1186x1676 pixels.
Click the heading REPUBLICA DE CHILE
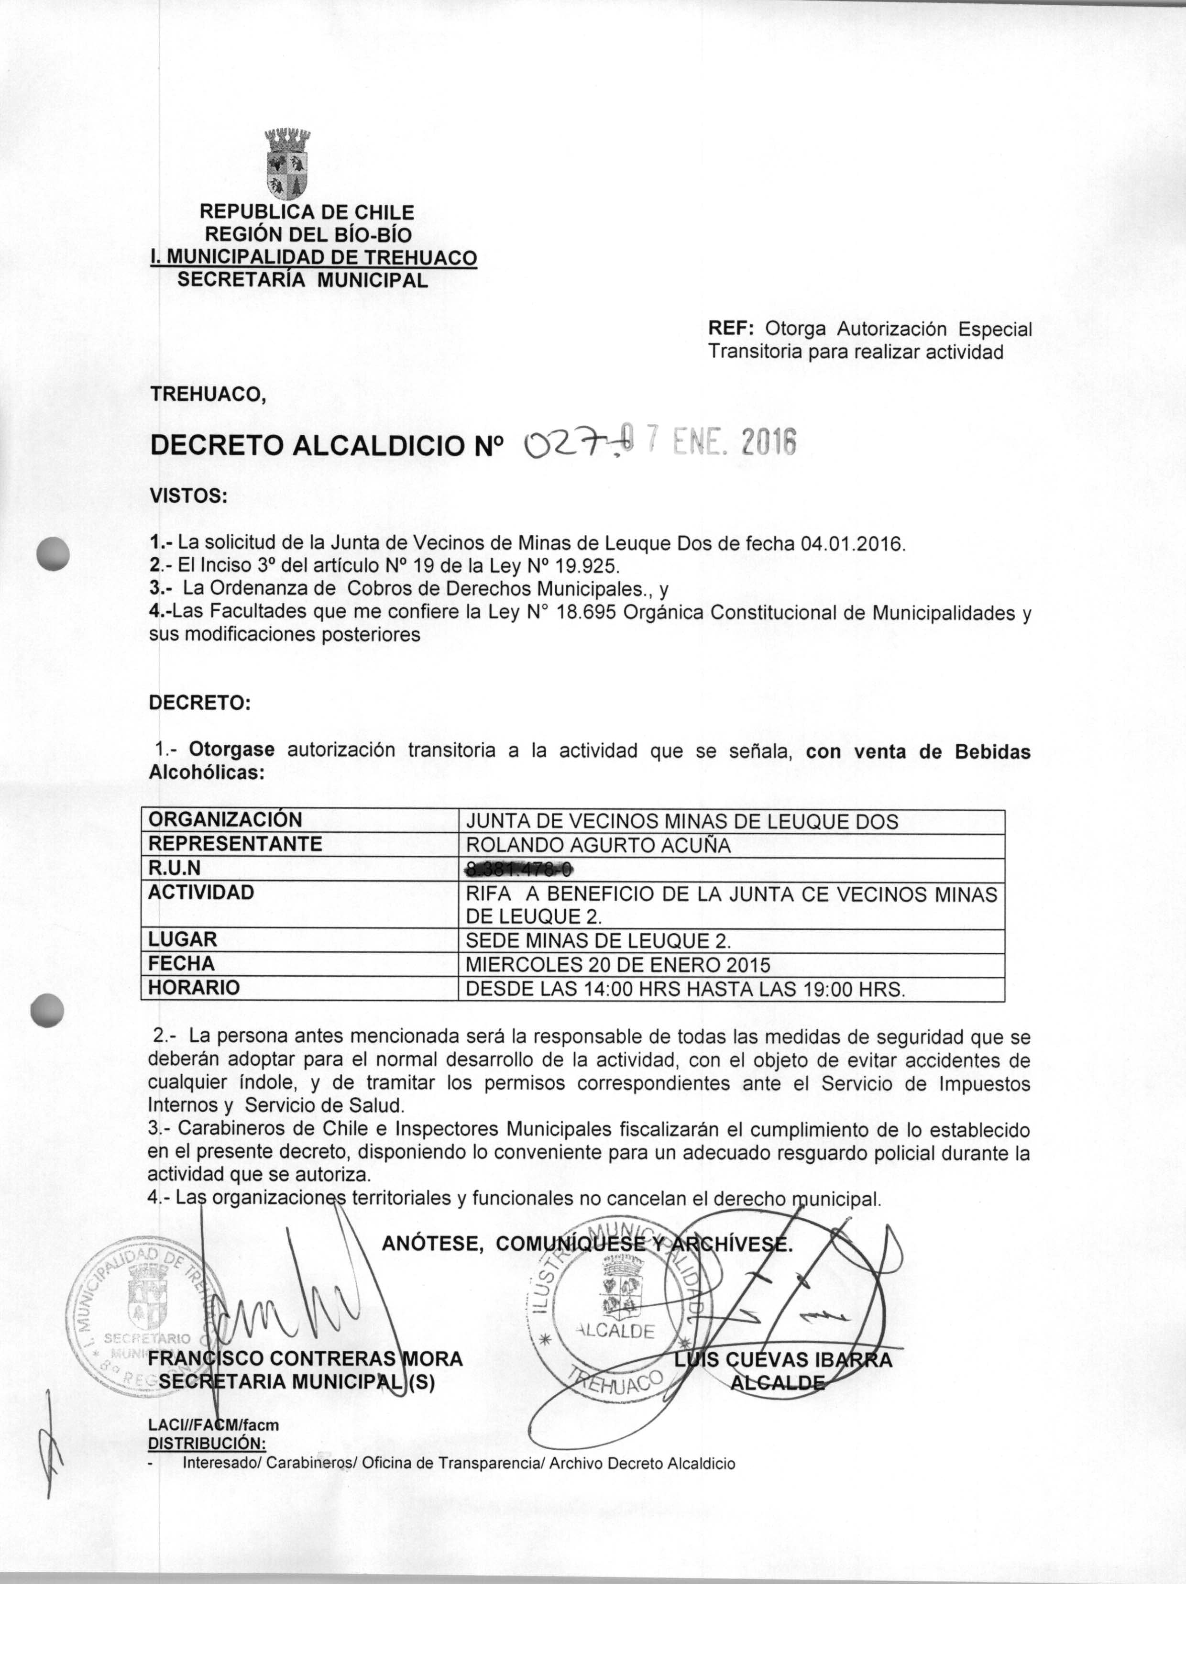coord(307,212)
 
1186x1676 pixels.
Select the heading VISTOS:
coord(188,496)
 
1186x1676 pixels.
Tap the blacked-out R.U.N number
coord(519,868)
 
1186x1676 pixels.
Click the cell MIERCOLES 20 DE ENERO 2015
coord(617,965)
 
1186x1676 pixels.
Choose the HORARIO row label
coord(194,988)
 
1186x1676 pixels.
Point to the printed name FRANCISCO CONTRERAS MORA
coord(305,1359)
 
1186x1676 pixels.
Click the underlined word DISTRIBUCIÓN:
coord(207,1443)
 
